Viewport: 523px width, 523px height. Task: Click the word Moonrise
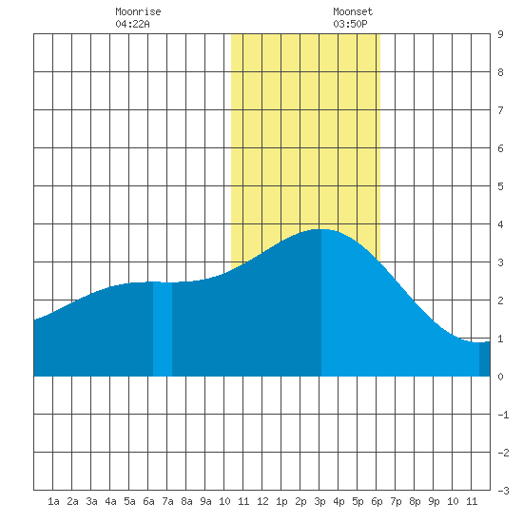[x=138, y=11]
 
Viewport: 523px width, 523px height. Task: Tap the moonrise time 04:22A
[x=132, y=24]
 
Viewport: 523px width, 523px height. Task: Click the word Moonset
[x=353, y=11]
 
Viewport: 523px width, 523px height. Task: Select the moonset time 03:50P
[x=350, y=24]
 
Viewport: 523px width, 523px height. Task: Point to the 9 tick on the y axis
[x=500, y=34]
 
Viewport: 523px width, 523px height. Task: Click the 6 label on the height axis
[x=500, y=148]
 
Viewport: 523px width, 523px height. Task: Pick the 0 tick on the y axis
[x=500, y=377]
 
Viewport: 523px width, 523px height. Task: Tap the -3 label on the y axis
[x=503, y=491]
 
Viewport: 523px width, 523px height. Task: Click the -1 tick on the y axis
[x=503, y=415]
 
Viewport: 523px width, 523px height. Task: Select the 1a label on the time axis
[x=53, y=501]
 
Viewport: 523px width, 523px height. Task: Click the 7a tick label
[x=167, y=501]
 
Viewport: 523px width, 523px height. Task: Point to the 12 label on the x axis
[x=262, y=501]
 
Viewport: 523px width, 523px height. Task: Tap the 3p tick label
[x=320, y=502]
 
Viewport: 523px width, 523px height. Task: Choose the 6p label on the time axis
[x=377, y=502]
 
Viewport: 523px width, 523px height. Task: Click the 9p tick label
[x=434, y=502]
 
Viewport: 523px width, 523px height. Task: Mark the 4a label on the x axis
[x=110, y=501]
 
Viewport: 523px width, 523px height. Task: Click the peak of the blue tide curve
[x=320, y=229]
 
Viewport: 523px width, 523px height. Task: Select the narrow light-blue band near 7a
[x=163, y=329]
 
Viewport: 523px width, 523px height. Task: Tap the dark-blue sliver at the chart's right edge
[x=485, y=358]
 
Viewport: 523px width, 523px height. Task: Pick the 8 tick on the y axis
[x=500, y=72]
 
